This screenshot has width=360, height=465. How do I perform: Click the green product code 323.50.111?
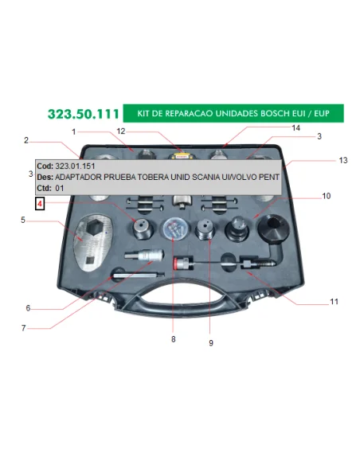84,114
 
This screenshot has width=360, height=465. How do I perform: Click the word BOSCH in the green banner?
274,114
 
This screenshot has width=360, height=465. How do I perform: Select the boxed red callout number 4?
40,204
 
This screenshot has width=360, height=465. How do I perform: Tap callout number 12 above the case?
121,131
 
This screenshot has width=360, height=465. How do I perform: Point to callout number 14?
295,128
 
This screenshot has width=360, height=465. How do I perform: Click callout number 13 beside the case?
343,160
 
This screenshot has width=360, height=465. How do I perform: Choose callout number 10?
327,196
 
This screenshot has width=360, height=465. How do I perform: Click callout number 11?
334,302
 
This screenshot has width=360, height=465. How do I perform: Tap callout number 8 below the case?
174,339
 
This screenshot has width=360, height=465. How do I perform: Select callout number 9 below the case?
211,343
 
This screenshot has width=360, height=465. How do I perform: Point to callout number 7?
23,328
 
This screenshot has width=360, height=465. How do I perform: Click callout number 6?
28,308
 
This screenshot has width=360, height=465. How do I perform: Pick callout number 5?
23,220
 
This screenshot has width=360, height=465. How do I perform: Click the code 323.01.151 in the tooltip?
75,166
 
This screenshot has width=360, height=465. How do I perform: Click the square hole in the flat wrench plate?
89,260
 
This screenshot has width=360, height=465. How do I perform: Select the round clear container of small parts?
176,229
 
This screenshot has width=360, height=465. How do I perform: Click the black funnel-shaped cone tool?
273,228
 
